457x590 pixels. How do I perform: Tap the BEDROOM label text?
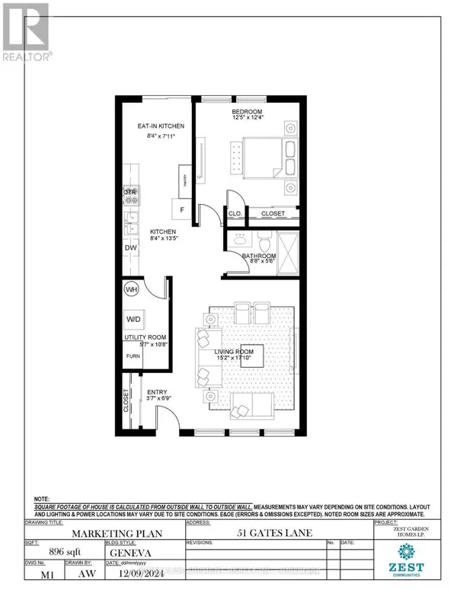(246, 112)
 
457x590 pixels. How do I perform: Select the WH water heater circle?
(131, 289)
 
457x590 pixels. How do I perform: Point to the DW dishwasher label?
(129, 249)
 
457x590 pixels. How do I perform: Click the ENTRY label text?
(156, 393)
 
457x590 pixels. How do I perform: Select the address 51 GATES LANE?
(277, 534)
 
